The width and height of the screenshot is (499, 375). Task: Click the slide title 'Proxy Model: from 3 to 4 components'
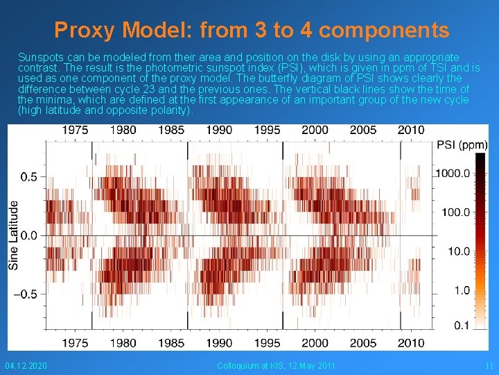point(252,30)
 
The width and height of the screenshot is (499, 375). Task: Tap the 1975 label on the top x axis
point(75,130)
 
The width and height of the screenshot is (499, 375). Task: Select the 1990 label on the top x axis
point(219,130)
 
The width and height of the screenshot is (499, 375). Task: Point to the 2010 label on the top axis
point(411,130)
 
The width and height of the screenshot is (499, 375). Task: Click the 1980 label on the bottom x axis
point(123,342)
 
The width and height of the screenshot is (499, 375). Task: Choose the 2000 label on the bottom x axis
point(315,342)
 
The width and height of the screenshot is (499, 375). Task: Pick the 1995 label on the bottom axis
point(268,342)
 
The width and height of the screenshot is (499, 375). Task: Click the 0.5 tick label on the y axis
point(29,177)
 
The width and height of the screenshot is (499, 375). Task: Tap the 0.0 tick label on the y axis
point(29,236)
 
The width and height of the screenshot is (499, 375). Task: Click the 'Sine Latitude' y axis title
point(13,235)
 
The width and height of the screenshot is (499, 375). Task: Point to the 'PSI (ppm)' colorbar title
point(462,145)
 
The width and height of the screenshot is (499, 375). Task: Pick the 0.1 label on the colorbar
point(459,325)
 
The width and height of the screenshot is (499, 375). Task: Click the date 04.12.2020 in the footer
point(26,365)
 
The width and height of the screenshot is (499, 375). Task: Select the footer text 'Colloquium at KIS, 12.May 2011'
point(276,365)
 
